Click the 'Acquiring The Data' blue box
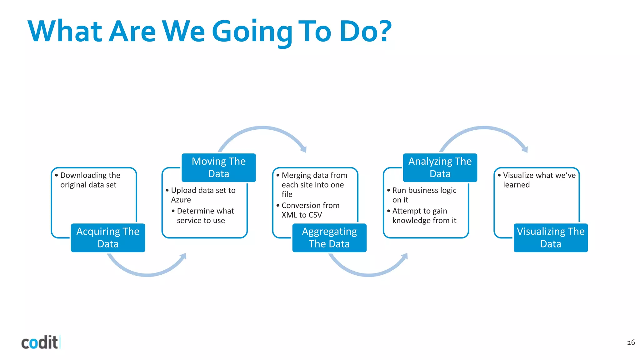(x=108, y=238)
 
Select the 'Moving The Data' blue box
(x=219, y=168)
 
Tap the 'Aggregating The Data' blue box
(x=329, y=238)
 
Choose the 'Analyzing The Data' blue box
(x=440, y=168)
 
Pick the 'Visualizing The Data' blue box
(x=551, y=238)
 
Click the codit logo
(x=40, y=342)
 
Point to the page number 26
(x=631, y=342)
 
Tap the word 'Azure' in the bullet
(x=181, y=200)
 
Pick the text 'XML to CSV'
(x=302, y=215)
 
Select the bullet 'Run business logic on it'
(x=424, y=195)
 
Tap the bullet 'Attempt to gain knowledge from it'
(x=424, y=216)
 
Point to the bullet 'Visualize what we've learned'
(x=539, y=180)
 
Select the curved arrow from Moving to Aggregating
(x=262, y=128)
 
